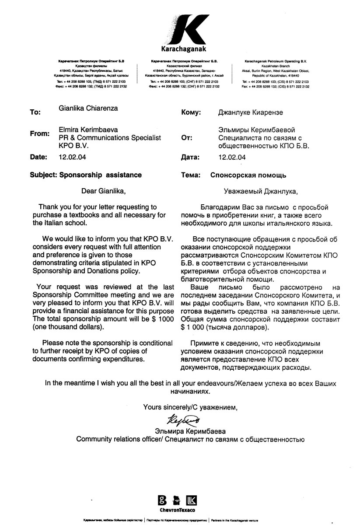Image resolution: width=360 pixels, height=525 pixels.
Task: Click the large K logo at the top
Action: [x=180, y=29]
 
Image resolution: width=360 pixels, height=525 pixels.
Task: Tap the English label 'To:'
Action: [x=35, y=112]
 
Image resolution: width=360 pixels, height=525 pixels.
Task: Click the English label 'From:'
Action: [x=39, y=133]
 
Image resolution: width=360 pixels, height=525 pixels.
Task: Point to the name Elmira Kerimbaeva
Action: [x=88, y=129]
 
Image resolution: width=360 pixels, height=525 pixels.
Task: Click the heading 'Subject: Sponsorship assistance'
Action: [x=86, y=175]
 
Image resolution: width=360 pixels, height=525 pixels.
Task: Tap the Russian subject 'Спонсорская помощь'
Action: [x=248, y=175]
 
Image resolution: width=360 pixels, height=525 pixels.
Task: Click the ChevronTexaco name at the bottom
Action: [x=178, y=510]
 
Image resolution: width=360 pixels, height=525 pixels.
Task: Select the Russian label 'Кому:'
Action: [x=191, y=112]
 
